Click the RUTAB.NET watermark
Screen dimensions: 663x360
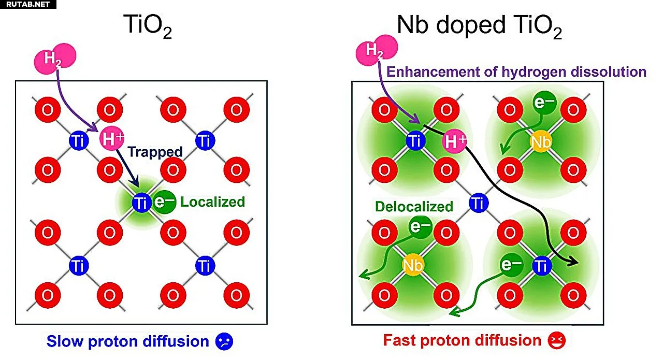point(28,4)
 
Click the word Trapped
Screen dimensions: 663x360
point(155,152)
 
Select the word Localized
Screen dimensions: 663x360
point(212,202)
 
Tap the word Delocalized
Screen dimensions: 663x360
point(414,207)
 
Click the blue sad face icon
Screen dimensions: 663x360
point(224,341)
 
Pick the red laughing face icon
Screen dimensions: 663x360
point(556,340)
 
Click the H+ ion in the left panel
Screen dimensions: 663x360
point(111,138)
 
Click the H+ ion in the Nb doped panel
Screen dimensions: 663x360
point(454,141)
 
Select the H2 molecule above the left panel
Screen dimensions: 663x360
point(55,59)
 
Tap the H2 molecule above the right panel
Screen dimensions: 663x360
point(377,50)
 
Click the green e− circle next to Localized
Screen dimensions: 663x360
point(164,202)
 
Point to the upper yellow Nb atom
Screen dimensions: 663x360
point(541,142)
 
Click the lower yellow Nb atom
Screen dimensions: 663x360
point(413,265)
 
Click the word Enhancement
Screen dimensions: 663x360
point(433,72)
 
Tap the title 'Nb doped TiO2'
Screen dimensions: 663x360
point(479,26)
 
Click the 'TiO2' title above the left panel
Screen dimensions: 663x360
point(148,26)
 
